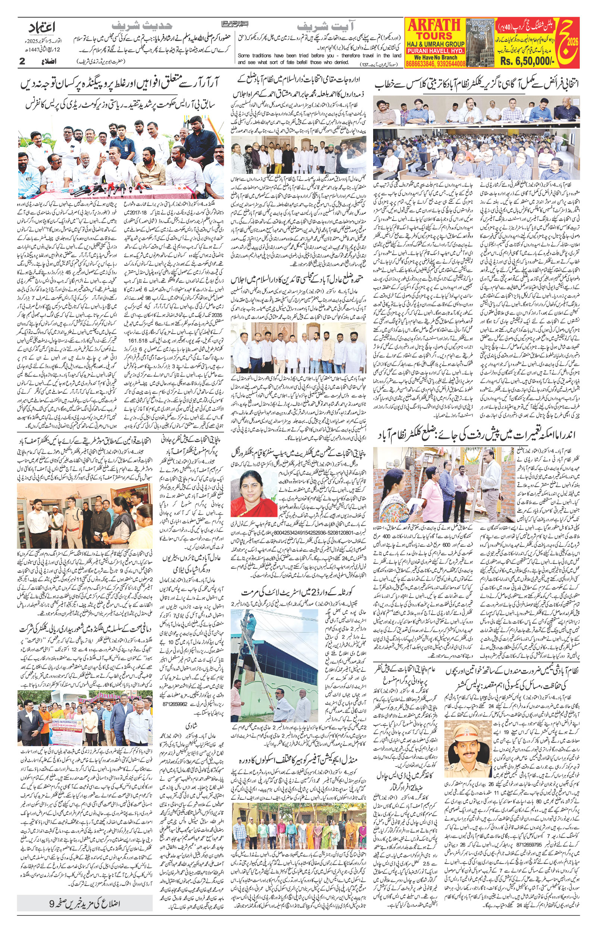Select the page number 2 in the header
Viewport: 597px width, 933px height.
[22, 61]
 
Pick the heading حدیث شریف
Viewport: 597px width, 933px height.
[141, 26]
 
